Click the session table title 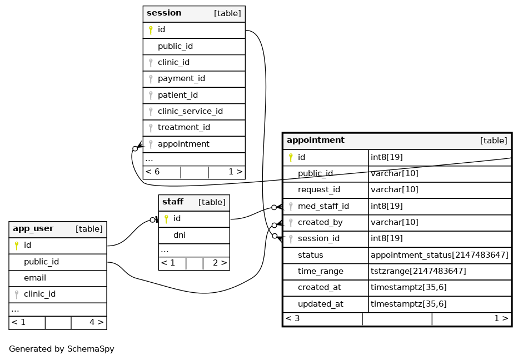point(164,13)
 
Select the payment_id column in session point(181,79)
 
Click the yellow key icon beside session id point(151,31)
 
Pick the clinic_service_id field point(190,111)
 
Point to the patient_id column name point(178,95)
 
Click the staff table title point(173,202)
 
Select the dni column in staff point(180,235)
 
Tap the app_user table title point(33,228)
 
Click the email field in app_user point(35,278)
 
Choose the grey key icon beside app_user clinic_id point(17,295)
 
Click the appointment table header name point(316,140)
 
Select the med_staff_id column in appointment point(323,206)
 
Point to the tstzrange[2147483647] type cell point(418,271)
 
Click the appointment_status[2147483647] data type point(440,255)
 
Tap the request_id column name point(319,190)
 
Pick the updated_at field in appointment point(321,304)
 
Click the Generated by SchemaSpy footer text point(62,349)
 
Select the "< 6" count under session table point(152,172)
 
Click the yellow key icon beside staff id point(166,219)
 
